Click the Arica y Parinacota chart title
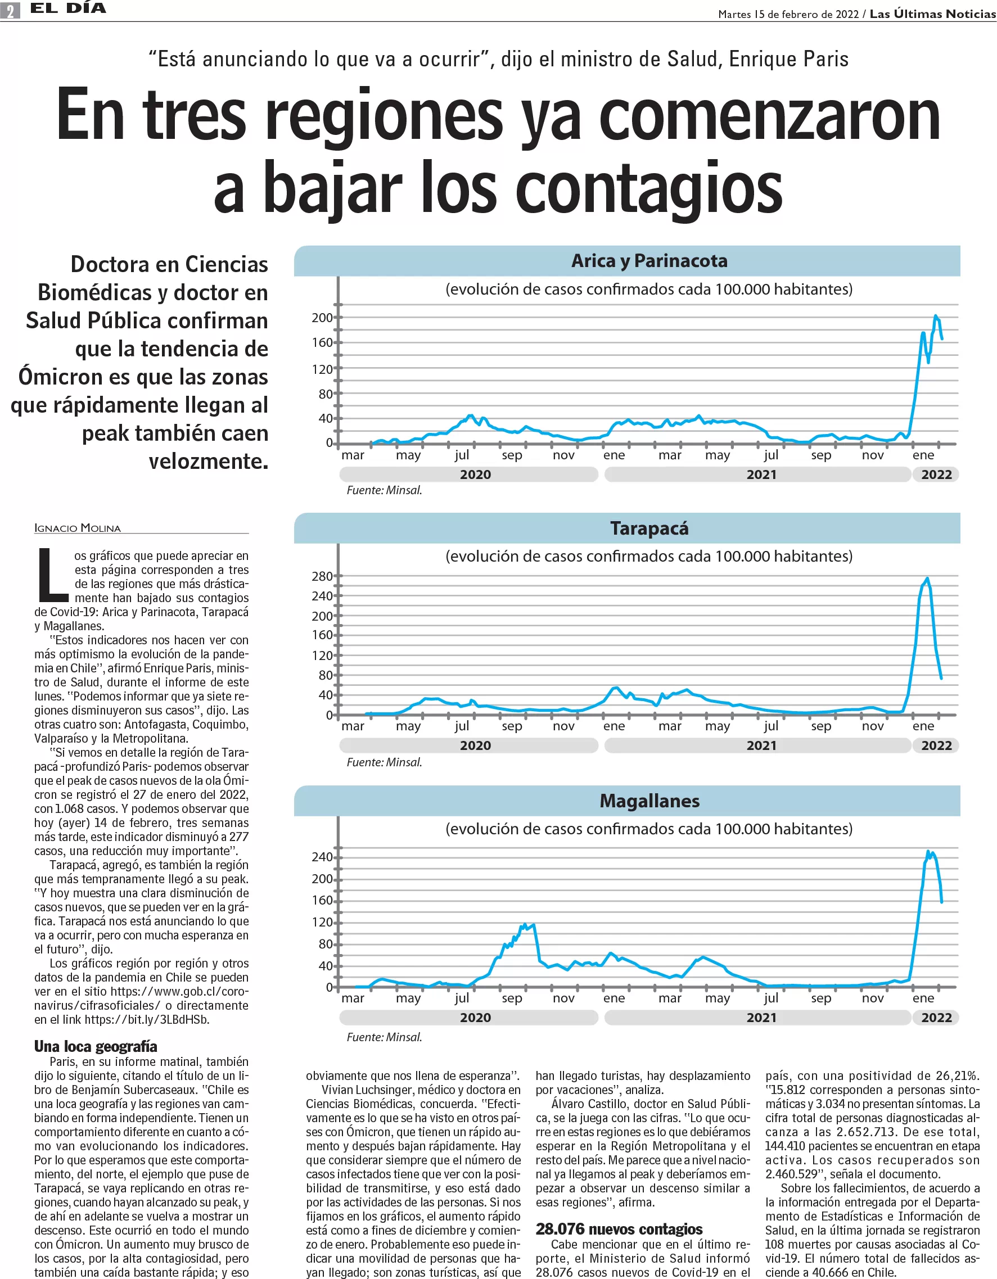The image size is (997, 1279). tap(649, 261)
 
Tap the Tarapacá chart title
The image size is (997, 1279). tap(649, 528)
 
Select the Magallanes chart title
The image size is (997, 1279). tap(649, 801)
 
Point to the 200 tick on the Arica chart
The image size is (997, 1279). tap(322, 318)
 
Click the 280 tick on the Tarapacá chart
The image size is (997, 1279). tap(322, 576)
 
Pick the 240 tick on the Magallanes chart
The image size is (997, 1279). tap(322, 857)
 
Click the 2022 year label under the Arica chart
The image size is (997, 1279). tap(936, 474)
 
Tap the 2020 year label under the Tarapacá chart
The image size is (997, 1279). tap(475, 745)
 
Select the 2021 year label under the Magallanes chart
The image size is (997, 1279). tap(761, 1017)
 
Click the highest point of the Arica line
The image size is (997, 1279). tap(936, 316)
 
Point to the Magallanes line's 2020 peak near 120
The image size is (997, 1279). tap(525, 925)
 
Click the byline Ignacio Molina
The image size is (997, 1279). tap(78, 528)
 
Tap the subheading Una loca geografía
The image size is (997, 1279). tap(96, 1046)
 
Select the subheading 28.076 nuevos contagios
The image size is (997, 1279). tap(619, 1228)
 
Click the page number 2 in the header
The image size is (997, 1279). tap(10, 10)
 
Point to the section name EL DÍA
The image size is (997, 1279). tap(68, 8)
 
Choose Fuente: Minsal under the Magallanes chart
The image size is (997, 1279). tap(384, 1037)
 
